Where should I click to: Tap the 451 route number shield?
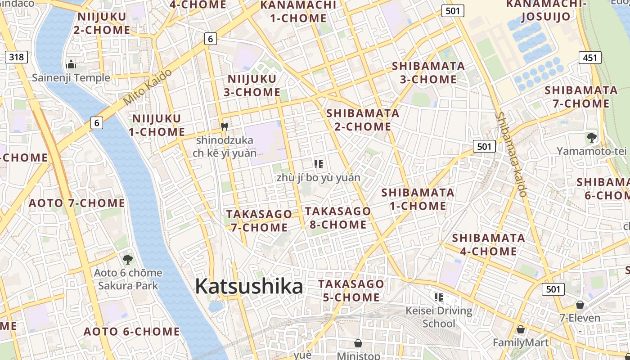[589, 58]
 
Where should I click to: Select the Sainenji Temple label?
[71, 78]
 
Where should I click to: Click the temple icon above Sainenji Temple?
[71, 64]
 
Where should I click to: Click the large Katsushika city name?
[249, 286]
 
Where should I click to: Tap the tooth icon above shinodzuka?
[225, 126]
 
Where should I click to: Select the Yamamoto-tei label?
[591, 151]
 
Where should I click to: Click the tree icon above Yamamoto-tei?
[591, 137]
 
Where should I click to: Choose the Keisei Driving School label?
[439, 317]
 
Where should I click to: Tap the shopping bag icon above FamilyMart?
[521, 329]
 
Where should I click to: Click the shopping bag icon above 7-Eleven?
[580, 305]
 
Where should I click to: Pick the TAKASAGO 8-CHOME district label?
[338, 218]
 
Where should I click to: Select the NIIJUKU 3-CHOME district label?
[254, 85]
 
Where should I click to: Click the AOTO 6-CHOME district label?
[132, 332]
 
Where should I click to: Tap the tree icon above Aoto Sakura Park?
[128, 259]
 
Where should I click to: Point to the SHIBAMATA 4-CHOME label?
[488, 244]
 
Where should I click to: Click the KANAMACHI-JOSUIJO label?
[546, 10]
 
